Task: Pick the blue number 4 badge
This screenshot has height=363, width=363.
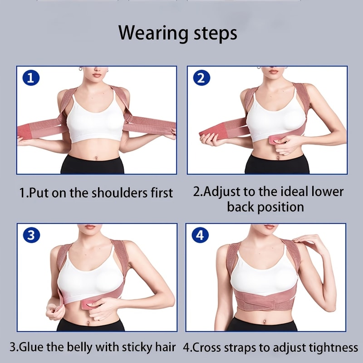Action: click(x=200, y=235)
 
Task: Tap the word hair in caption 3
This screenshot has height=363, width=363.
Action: click(x=164, y=348)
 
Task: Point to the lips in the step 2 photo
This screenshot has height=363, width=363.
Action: click(x=273, y=71)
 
